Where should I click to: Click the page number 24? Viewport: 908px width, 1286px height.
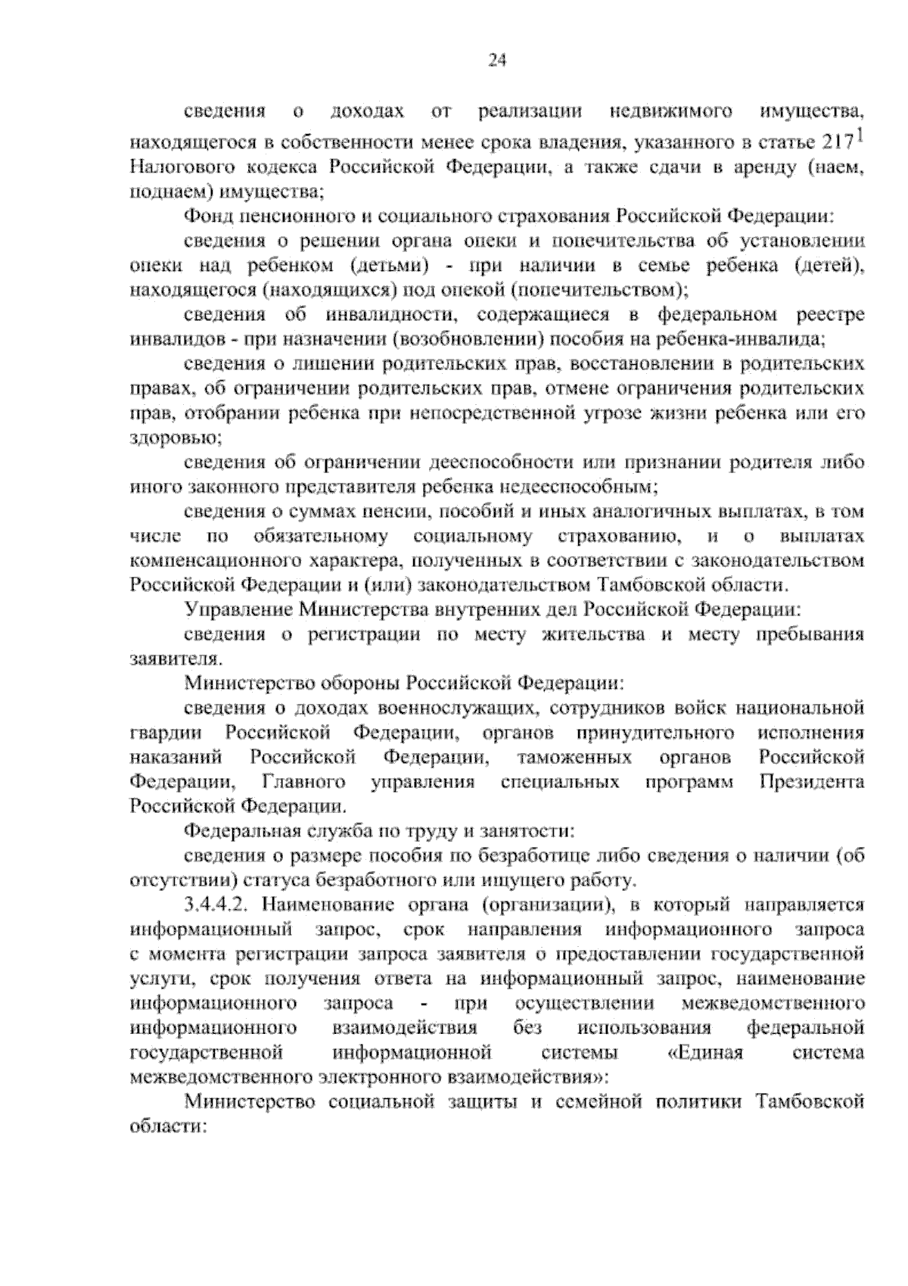[x=496, y=61]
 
